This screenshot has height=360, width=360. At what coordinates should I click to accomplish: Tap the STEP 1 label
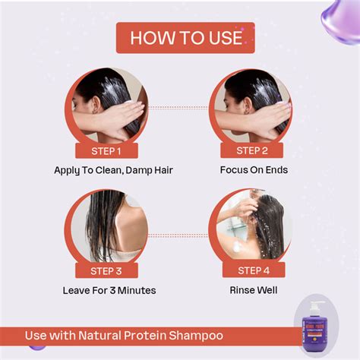pos(106,150)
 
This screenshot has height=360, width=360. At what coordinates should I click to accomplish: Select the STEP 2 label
pos(254,150)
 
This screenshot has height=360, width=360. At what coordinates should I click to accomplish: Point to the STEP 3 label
pos(106,270)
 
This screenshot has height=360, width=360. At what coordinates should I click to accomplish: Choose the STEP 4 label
pos(254,270)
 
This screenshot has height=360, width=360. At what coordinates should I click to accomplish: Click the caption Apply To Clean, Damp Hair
pos(113,170)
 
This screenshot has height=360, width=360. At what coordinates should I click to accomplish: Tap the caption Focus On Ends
pos(254,170)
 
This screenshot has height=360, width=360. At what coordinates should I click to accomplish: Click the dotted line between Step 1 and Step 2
pos(180,107)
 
